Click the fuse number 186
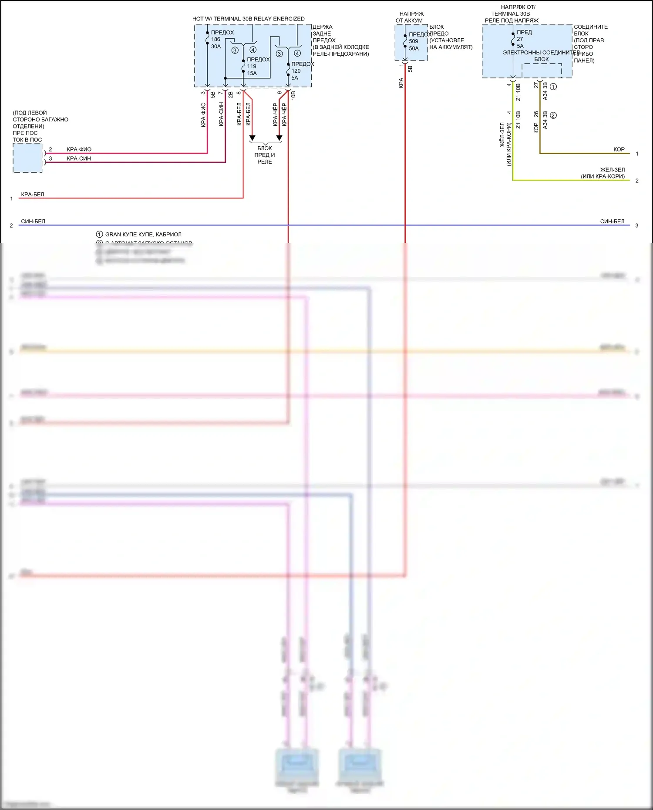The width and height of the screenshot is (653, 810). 215,39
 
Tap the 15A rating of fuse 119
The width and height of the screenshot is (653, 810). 252,73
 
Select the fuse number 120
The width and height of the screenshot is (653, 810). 296,71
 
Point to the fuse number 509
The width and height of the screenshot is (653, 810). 413,41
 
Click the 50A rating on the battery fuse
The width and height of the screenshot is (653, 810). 414,48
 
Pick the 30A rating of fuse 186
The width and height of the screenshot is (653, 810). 216,46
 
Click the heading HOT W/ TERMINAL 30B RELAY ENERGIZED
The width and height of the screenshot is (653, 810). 249,19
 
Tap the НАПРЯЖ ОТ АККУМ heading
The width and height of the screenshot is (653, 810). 410,17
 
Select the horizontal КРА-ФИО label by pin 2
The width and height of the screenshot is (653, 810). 79,149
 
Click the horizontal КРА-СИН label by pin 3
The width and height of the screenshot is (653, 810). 79,158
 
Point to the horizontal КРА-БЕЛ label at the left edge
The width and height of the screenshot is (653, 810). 33,194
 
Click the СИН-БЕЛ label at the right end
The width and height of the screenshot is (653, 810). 612,221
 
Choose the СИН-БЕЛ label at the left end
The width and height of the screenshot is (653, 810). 33,221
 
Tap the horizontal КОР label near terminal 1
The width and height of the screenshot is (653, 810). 619,149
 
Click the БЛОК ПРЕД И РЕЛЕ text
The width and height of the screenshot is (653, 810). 265,155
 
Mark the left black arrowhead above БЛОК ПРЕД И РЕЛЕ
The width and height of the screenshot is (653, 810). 252,138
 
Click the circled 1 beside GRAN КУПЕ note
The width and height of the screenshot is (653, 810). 100,234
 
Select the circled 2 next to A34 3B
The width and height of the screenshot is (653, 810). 553,115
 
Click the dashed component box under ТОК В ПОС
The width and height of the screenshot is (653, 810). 27,158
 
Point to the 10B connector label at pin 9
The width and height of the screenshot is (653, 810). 293,95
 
